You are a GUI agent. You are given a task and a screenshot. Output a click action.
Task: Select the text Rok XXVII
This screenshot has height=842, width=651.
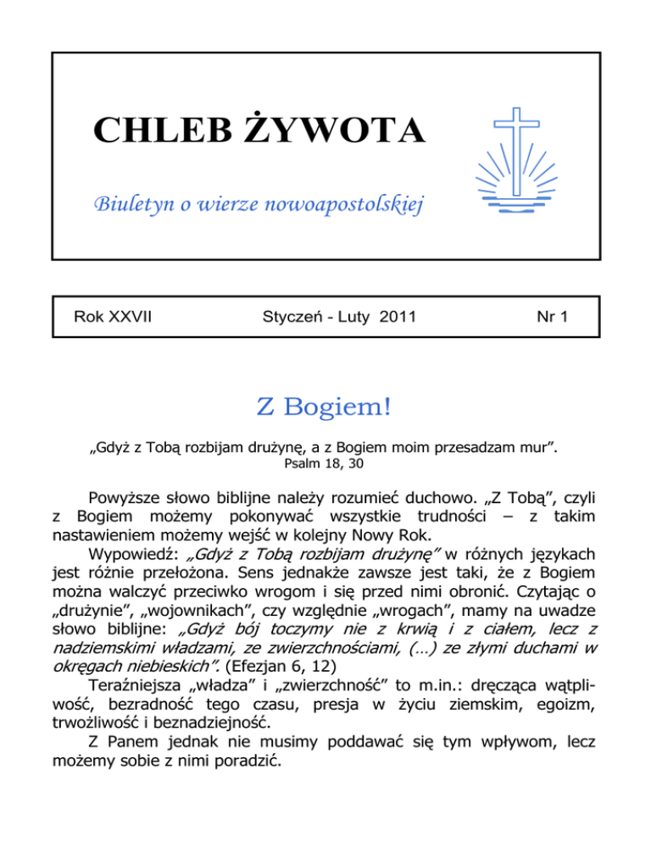point(116,318)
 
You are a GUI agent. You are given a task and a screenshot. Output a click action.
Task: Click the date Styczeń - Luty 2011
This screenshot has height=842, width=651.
point(326,318)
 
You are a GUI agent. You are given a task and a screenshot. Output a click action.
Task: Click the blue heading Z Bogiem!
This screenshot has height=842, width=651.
point(324,405)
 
